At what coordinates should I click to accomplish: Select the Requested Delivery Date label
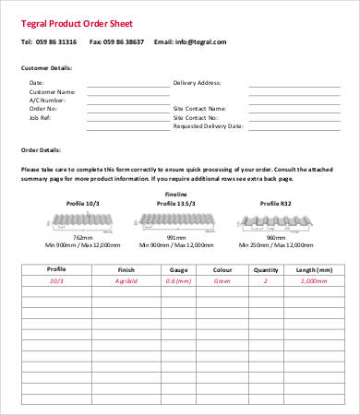tap(209, 125)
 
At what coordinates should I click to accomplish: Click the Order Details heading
tap(40, 149)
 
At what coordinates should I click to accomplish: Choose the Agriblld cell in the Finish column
tap(126, 280)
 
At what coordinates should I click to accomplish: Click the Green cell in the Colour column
tap(222, 280)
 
